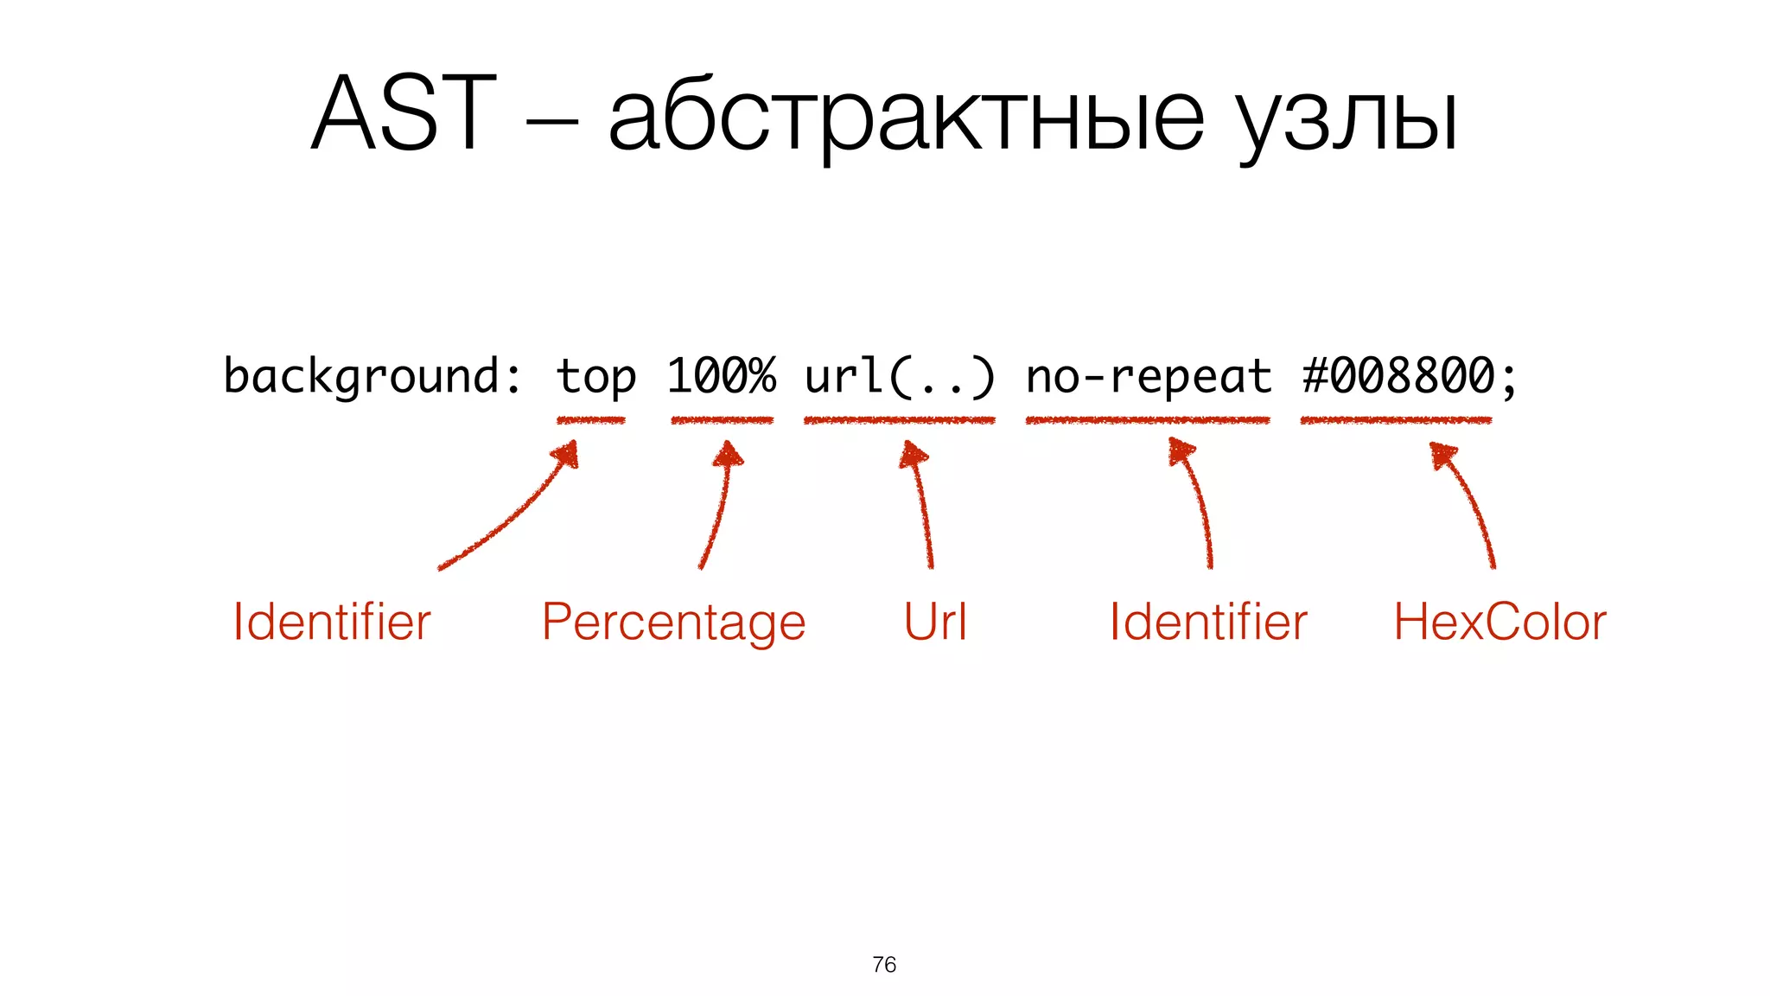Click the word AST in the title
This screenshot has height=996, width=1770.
pos(404,114)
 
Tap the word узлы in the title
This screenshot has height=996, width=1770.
pos(1348,121)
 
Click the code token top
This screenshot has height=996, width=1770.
pos(595,377)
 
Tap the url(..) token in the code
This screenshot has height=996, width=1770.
pos(900,377)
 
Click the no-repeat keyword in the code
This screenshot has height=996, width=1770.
pos(1149,377)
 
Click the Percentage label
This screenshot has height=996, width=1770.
pos(673,623)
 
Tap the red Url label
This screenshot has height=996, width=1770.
pos(935,622)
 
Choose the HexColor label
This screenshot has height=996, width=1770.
pos(1499,622)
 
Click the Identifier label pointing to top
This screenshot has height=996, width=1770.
pos(332,622)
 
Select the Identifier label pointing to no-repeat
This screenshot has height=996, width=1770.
pos(1208,622)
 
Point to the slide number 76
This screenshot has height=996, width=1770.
pos(884,964)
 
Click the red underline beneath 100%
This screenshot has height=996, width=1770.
pos(722,420)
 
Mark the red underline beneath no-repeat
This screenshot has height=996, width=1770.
pos(1148,420)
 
